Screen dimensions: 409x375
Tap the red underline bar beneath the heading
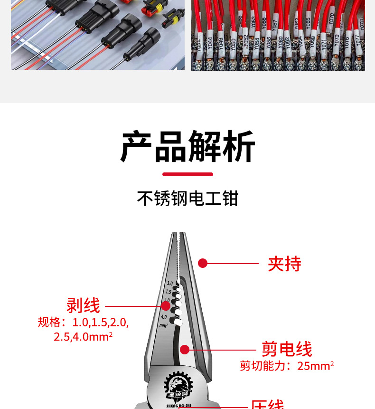tap(187, 174)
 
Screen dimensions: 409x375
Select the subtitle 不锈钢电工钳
tap(187, 199)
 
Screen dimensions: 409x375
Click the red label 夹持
tap(284, 264)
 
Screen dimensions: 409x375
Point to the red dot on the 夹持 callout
tap(203, 263)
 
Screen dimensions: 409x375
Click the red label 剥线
tap(83, 305)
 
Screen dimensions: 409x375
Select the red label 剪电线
tap(287, 349)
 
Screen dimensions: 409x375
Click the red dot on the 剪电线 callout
tap(185, 350)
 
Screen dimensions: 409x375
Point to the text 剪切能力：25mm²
tap(287, 366)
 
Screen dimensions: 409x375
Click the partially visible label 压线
tap(267, 405)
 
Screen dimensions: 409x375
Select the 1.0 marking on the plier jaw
tap(169, 283)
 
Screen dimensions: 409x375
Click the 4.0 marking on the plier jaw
tap(164, 316)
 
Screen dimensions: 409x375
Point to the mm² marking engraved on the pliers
tap(163, 325)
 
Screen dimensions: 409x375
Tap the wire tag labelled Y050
tap(233, 45)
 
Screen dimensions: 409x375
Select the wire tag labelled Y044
tap(210, 46)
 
